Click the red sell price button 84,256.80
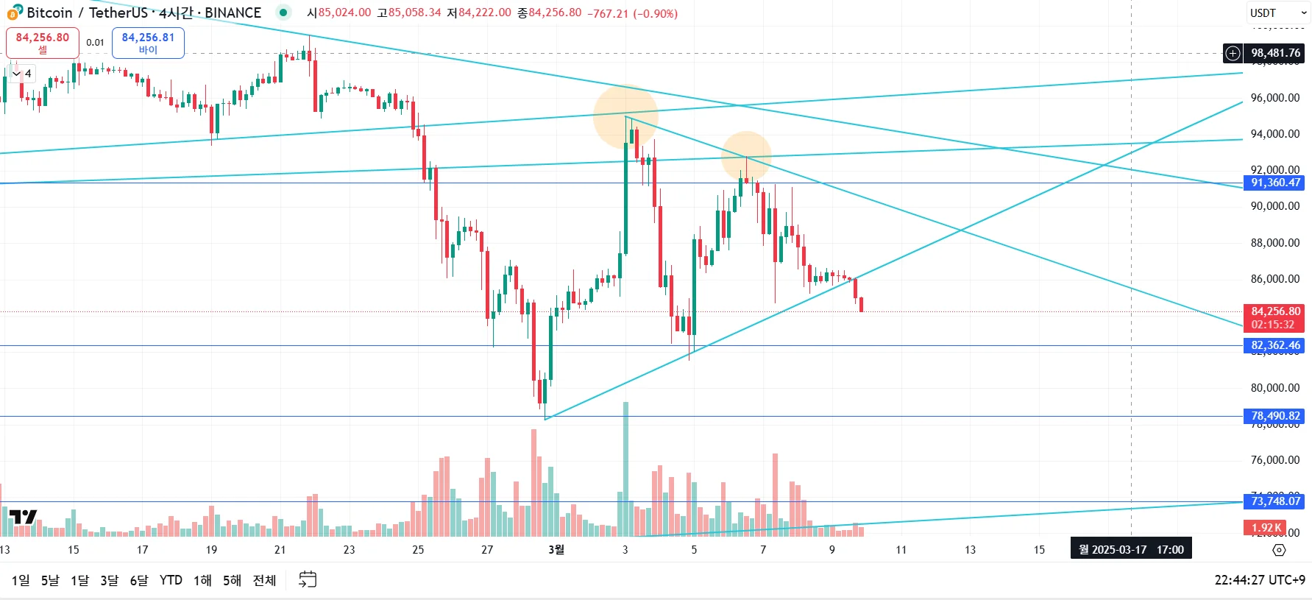[43, 43]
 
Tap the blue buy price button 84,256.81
[148, 43]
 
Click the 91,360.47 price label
[1275, 183]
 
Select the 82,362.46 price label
[1275, 345]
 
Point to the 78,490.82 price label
[1275, 416]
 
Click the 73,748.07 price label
[1275, 501]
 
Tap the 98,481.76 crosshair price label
[1275, 53]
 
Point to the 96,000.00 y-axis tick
[1274, 98]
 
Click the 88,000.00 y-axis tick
[1274, 243]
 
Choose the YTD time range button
[171, 580]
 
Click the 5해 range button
[232, 580]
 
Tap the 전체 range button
[264, 580]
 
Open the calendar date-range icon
[308, 580]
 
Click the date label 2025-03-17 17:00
[1131, 550]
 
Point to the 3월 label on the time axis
[556, 550]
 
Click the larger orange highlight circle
[625, 116]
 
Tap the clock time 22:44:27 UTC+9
[1259, 580]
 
